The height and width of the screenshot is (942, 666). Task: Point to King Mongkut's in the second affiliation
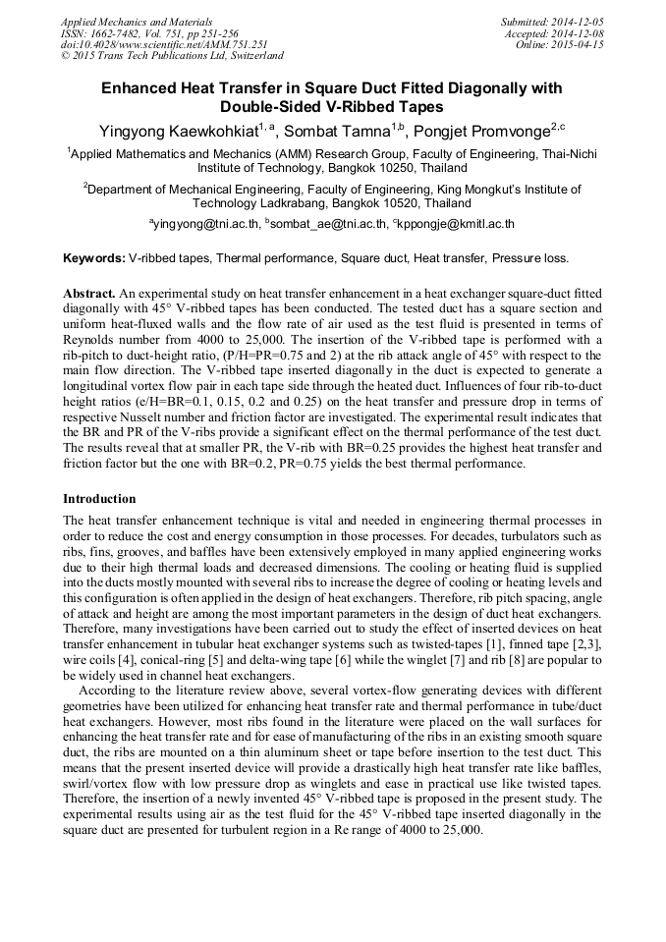point(498,189)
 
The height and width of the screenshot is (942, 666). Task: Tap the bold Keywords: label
point(94,258)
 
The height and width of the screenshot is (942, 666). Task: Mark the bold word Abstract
point(89,294)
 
